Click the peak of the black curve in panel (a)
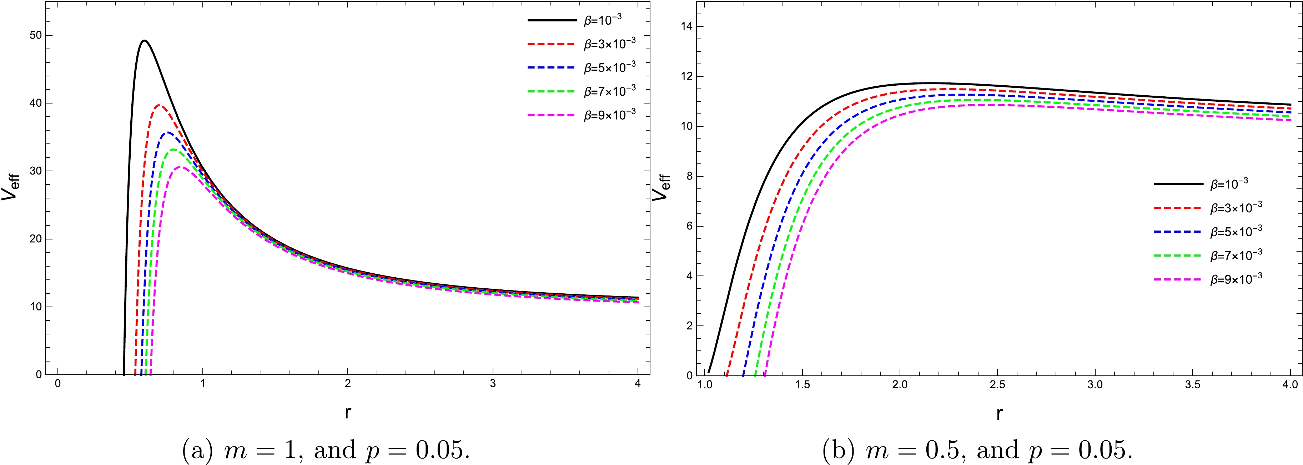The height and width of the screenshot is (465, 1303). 144,40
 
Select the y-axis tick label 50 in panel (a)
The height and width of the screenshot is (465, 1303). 35,35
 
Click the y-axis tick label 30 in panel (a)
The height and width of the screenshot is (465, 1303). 35,171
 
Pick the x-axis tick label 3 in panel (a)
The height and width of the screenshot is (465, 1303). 493,384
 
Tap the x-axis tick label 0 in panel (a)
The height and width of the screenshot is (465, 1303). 58,384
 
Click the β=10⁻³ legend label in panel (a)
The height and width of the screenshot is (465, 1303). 603,20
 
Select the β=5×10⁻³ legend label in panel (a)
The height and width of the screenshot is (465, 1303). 609,67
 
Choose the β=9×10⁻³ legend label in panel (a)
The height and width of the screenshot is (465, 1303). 609,115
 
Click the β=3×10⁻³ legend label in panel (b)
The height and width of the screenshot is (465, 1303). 1236,208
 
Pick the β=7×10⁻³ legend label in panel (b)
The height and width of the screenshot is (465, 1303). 1236,255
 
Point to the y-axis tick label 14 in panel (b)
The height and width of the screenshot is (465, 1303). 686,26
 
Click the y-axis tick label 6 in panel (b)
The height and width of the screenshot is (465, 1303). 689,226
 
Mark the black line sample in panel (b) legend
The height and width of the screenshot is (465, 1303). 1178,185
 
